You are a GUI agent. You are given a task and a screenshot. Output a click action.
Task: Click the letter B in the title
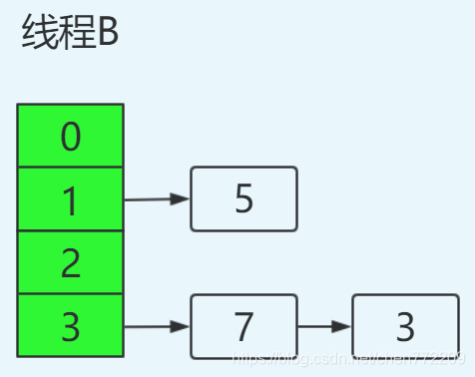[107, 35]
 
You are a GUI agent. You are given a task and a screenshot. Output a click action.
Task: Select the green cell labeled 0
[70, 136]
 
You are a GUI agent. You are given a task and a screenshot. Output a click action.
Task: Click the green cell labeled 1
[70, 199]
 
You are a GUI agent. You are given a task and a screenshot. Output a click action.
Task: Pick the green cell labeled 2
[70, 262]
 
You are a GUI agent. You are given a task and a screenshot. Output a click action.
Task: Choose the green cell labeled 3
[70, 325]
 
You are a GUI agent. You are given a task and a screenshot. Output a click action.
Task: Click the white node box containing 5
[243, 199]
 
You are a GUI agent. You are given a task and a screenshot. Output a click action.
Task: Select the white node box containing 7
[243, 325]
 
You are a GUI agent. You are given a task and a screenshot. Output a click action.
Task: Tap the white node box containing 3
[405, 326]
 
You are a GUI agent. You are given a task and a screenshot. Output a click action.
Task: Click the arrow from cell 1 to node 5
[155, 199]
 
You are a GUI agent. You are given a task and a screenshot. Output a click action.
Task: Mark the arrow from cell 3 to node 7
[155, 326]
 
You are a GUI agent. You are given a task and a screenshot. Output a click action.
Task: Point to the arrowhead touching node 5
[181, 199]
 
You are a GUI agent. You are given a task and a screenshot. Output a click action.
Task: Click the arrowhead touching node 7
[181, 326]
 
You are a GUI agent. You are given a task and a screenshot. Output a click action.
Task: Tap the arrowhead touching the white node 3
[342, 326]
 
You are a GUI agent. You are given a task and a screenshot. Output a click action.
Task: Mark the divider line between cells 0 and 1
[70, 168]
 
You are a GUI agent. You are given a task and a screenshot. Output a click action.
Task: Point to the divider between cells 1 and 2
[70, 230]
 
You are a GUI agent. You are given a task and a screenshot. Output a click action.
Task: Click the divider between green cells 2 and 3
[70, 293]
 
